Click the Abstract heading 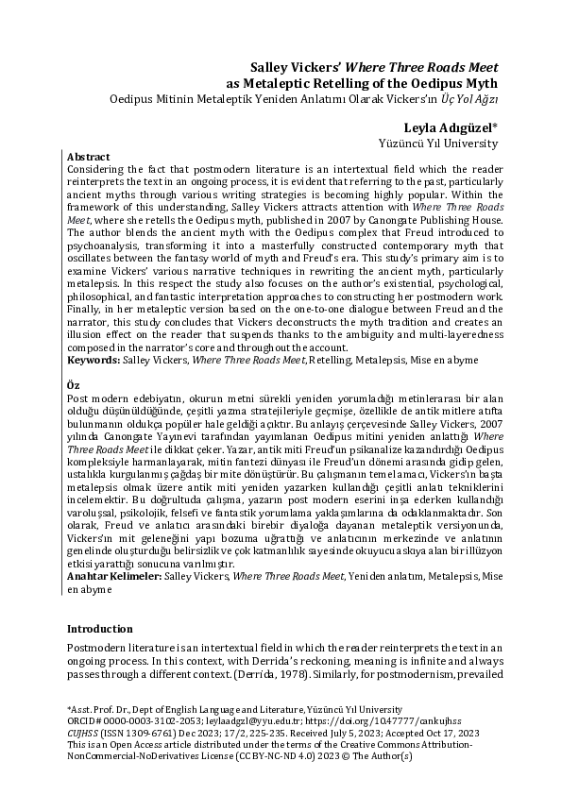tap(89, 156)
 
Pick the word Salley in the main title tap(270, 67)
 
